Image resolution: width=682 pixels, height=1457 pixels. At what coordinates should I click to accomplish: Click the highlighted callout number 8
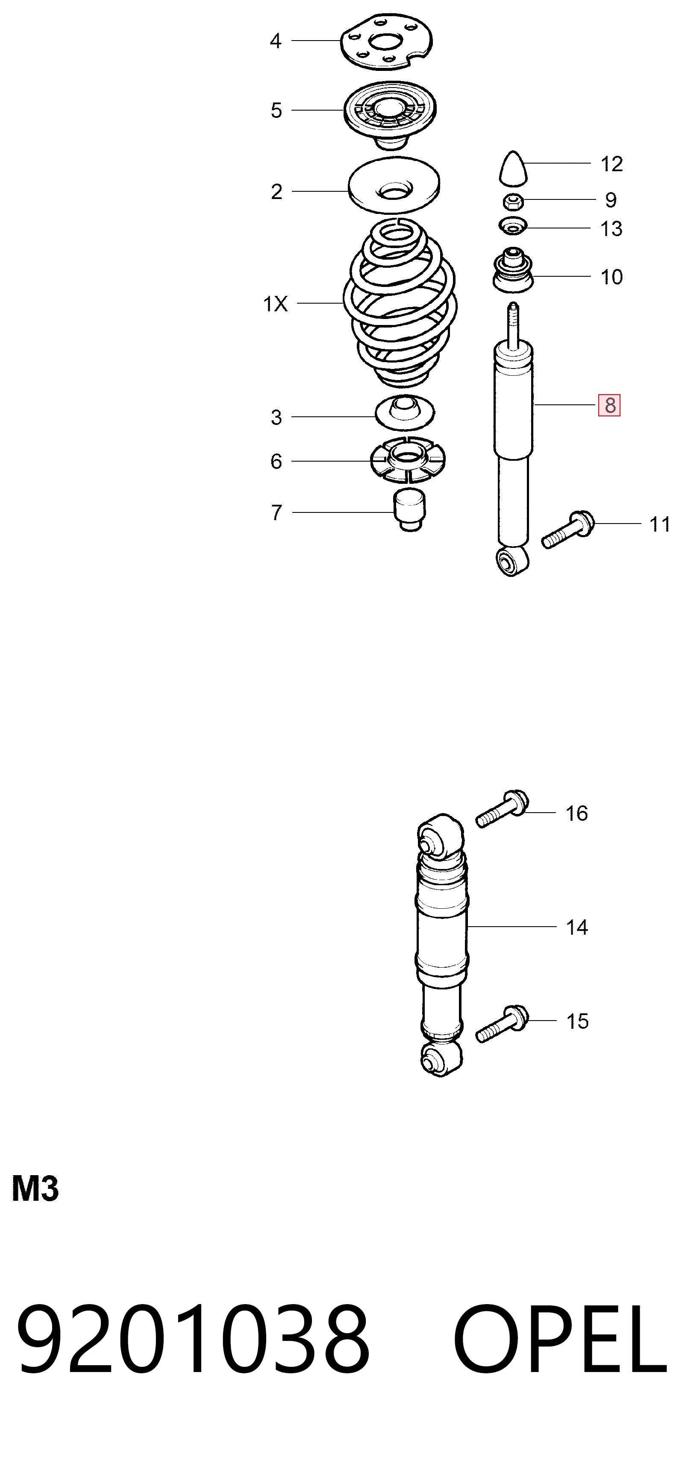(609, 405)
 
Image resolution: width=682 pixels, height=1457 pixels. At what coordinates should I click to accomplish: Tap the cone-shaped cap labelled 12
(513, 168)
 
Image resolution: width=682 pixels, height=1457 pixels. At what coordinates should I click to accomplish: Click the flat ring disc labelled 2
(394, 185)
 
